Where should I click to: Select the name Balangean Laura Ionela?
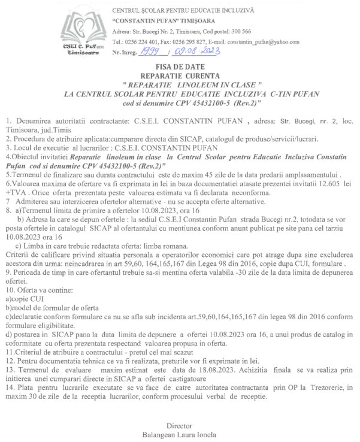tap(180, 432)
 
